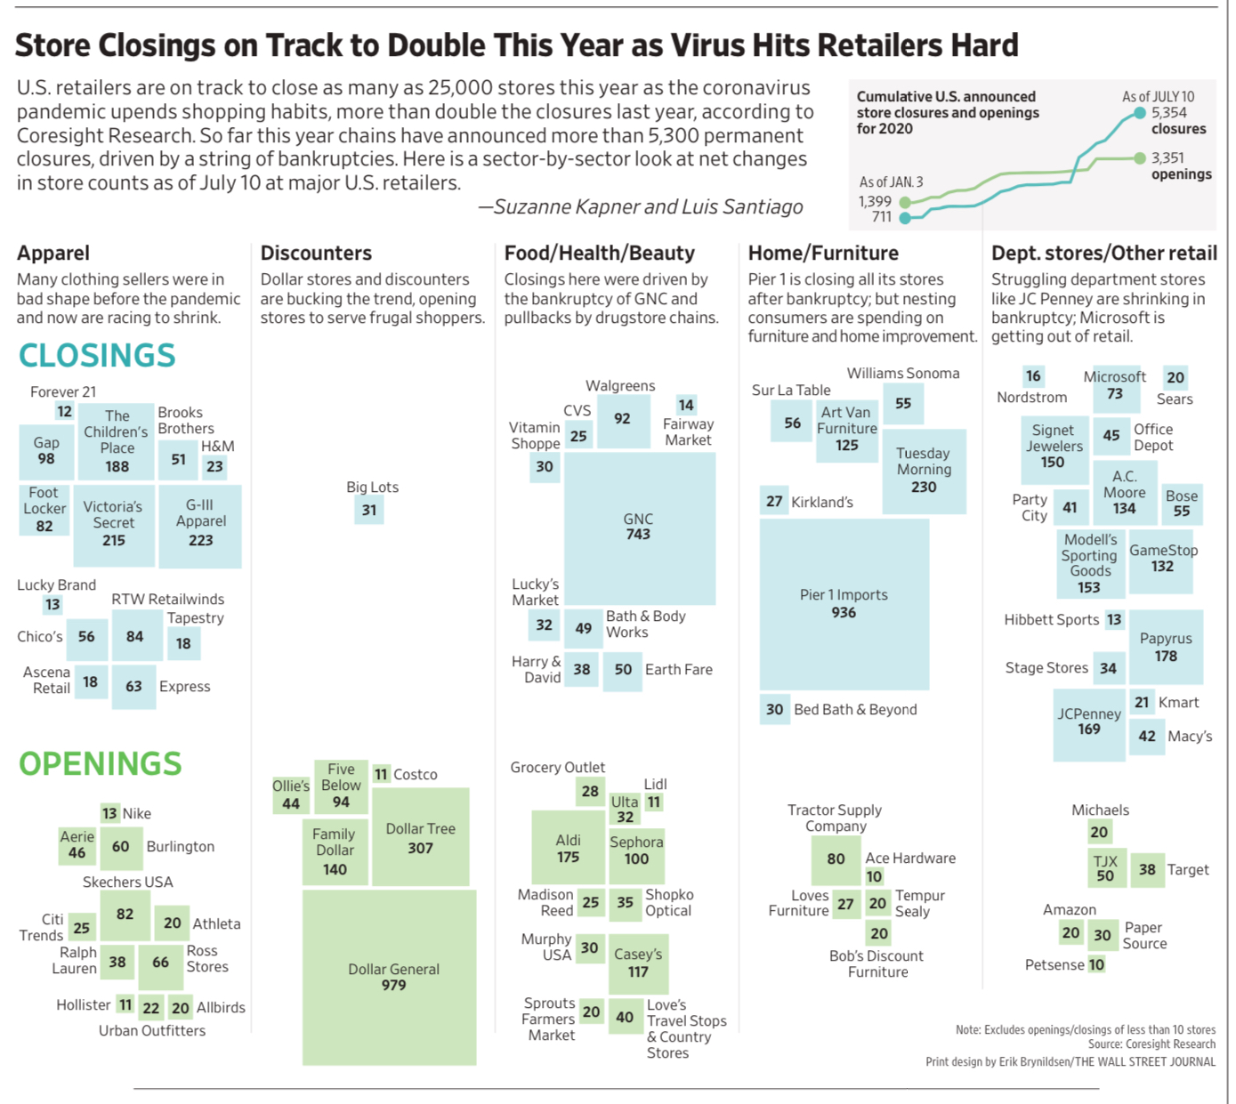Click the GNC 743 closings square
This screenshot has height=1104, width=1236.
[x=639, y=528]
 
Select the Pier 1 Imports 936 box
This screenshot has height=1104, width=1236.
[x=844, y=604]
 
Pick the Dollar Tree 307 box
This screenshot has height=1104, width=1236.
[x=420, y=837]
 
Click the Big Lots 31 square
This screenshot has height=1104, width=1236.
[x=369, y=510]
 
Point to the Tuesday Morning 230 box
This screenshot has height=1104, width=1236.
[x=924, y=471]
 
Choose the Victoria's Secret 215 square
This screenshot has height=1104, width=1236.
[x=114, y=524]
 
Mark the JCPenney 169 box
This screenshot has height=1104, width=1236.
[x=1088, y=722]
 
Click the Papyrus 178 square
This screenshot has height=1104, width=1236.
[x=1166, y=647]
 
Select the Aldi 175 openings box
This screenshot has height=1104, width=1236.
[x=568, y=848]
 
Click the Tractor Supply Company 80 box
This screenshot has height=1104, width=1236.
[x=836, y=859]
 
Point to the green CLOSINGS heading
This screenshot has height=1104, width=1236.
[x=97, y=356]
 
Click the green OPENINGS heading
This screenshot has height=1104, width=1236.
[x=101, y=764]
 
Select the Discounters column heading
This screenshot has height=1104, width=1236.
[x=316, y=254]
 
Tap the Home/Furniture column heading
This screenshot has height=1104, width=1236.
[x=823, y=254]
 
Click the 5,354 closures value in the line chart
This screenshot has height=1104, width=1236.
[x=1168, y=113]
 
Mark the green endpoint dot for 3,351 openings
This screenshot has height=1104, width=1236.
[x=1140, y=158]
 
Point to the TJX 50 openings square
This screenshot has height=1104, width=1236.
[x=1105, y=869]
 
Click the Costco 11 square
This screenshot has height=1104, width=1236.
[x=381, y=774]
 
